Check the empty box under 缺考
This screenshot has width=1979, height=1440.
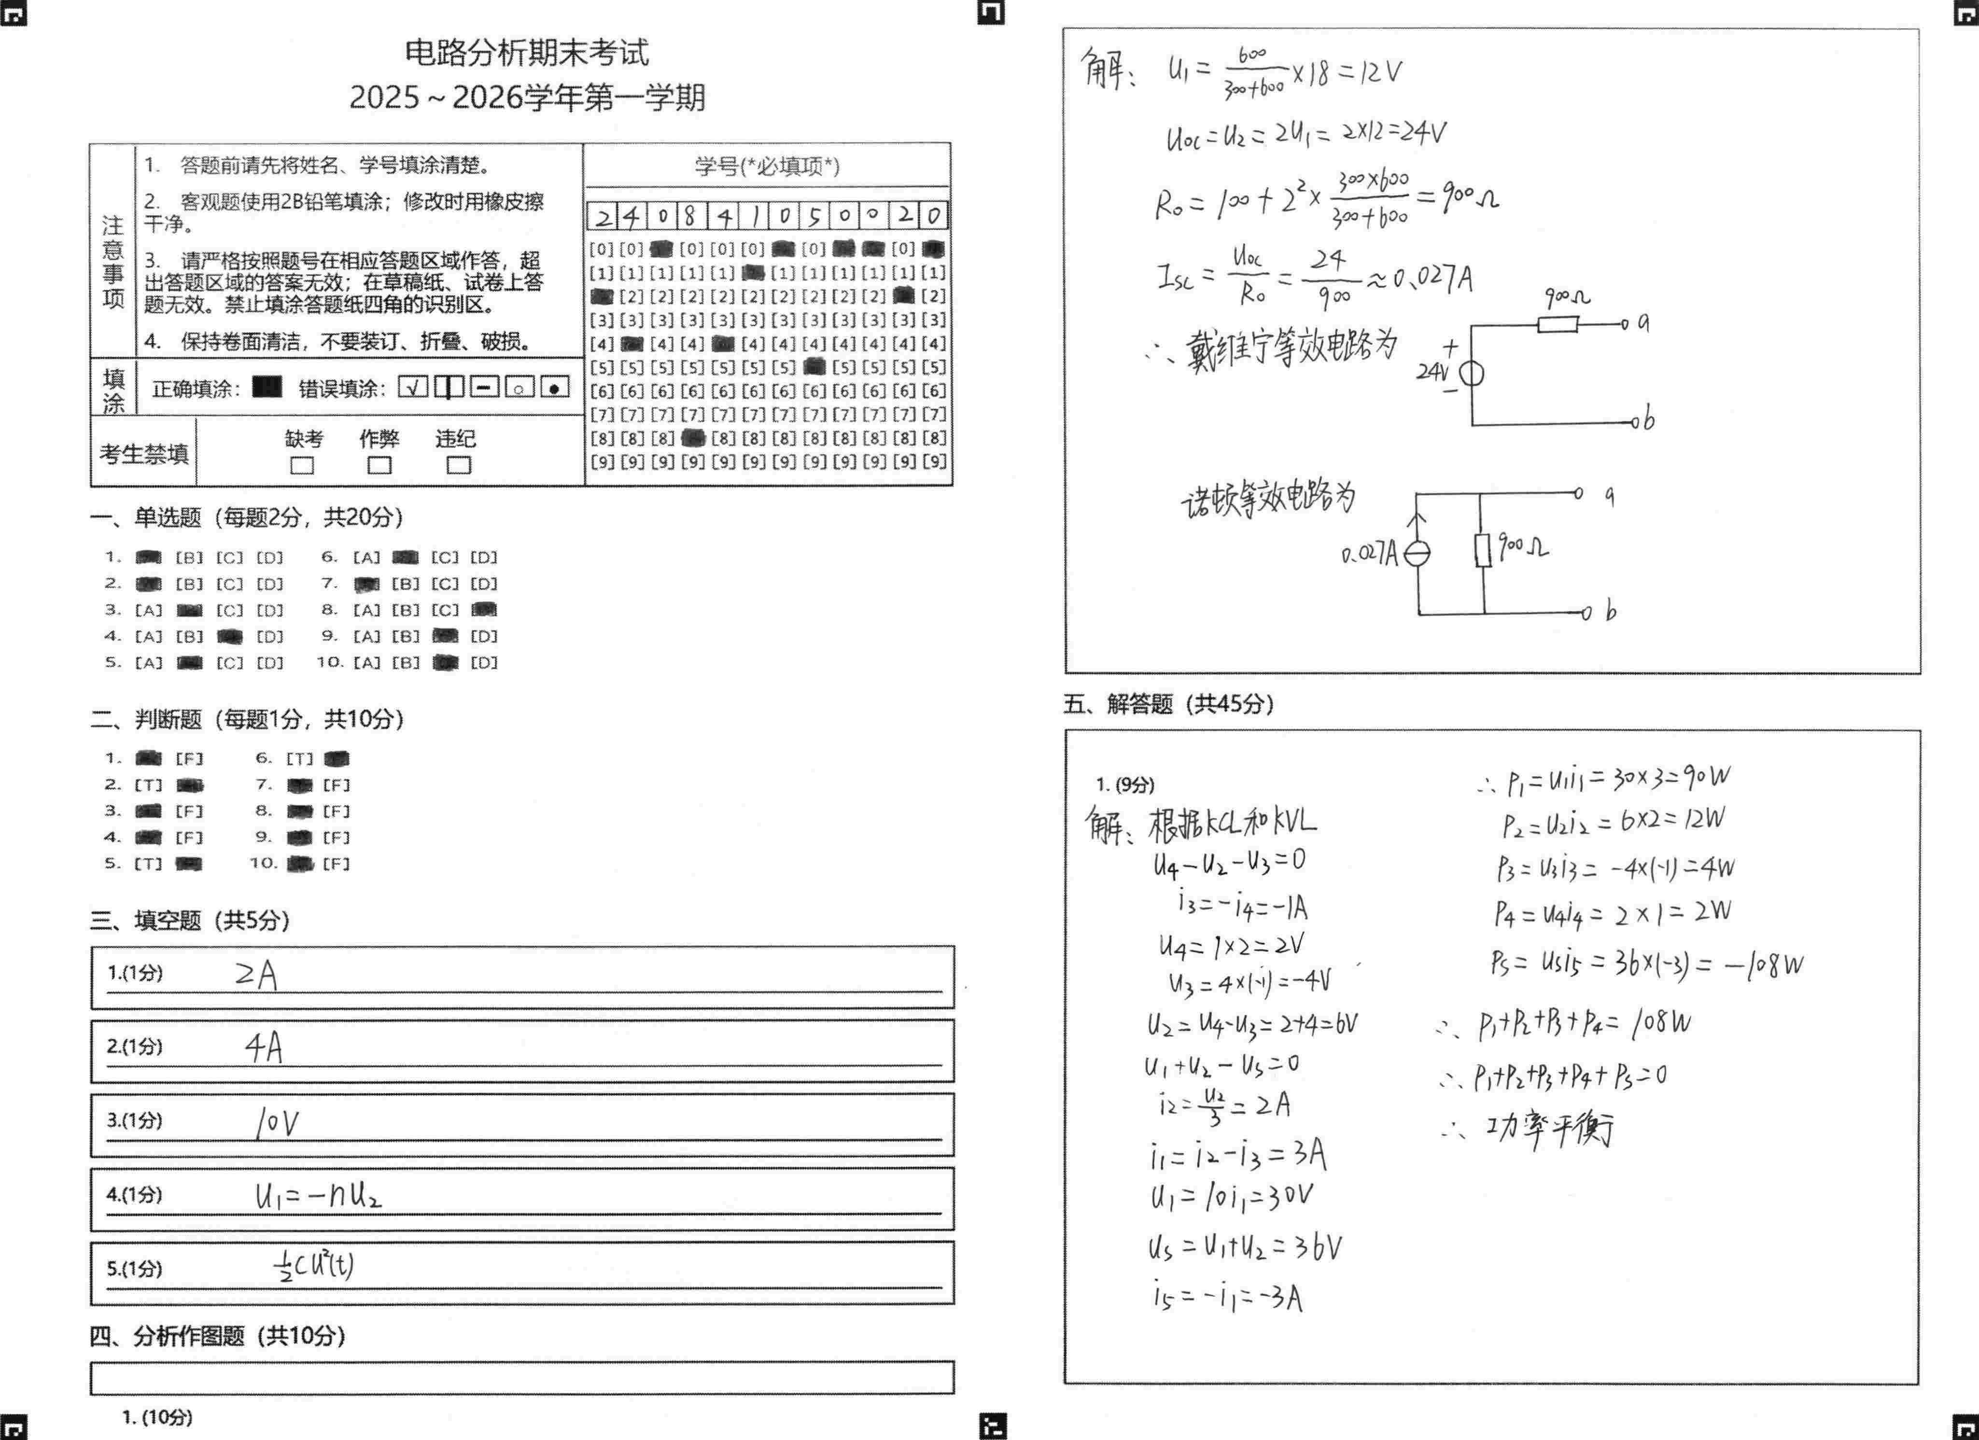pos(302,465)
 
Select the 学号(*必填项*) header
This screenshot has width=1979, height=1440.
pos(767,166)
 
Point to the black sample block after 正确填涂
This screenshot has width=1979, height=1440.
pos(267,386)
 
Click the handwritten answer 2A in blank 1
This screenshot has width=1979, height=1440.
pos(256,974)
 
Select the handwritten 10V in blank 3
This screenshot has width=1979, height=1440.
pos(278,1122)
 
